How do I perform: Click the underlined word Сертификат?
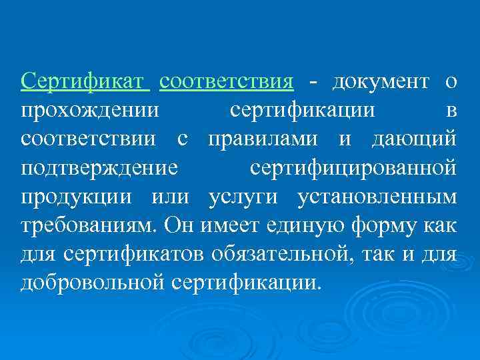[x=82, y=82]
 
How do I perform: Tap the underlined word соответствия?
[x=227, y=82]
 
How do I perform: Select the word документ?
[x=380, y=82]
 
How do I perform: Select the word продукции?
[x=77, y=198]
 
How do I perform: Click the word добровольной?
[x=92, y=283]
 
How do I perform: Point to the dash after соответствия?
[x=313, y=83]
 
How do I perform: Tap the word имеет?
[x=231, y=226]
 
